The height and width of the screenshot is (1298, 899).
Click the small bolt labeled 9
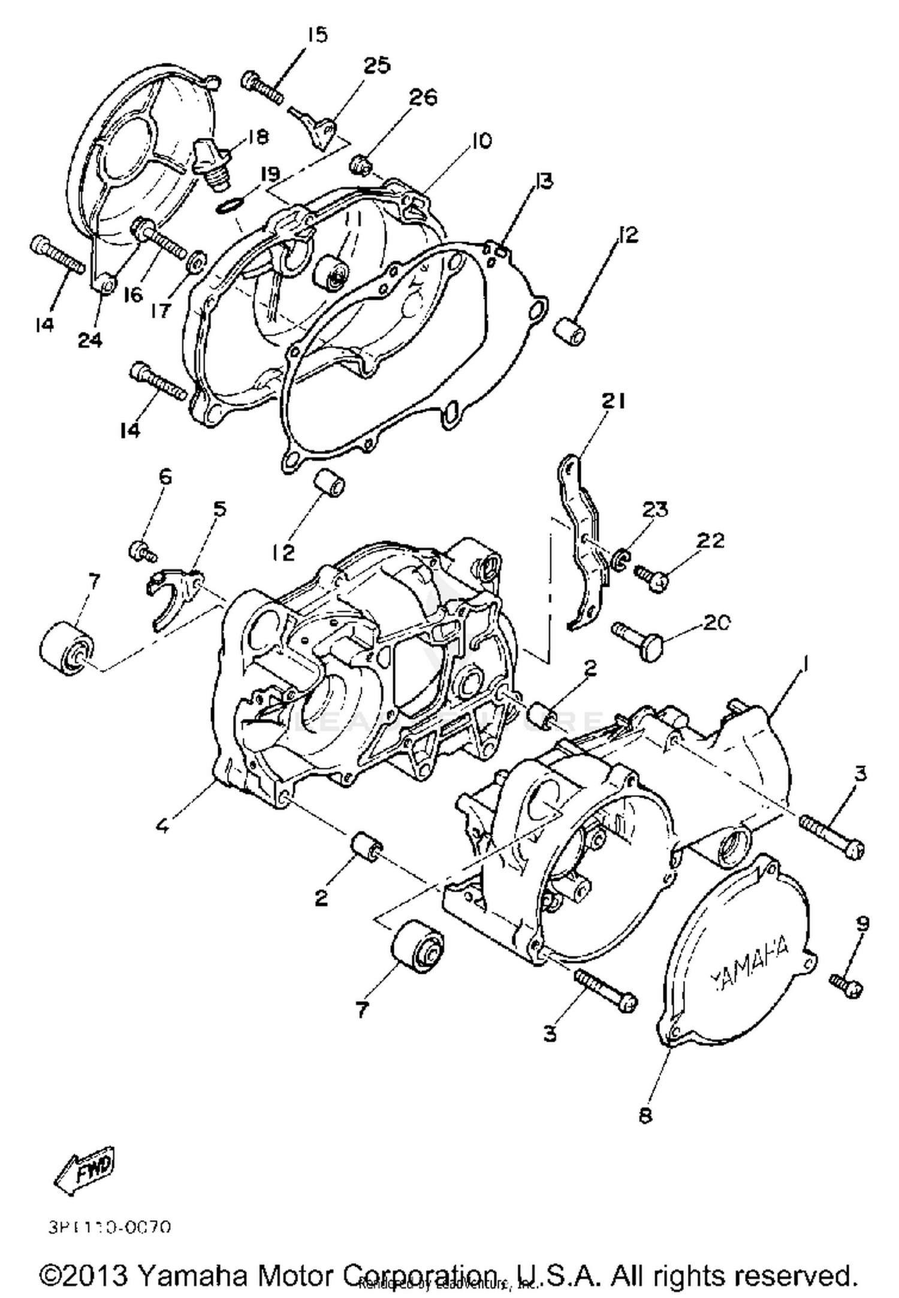pyautogui.click(x=846, y=983)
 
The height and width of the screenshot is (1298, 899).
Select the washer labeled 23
pyautogui.click(x=621, y=559)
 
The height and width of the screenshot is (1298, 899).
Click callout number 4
pyautogui.click(x=162, y=826)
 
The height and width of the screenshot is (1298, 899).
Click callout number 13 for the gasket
pyautogui.click(x=544, y=181)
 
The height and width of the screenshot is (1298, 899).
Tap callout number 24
pyautogui.click(x=90, y=340)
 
